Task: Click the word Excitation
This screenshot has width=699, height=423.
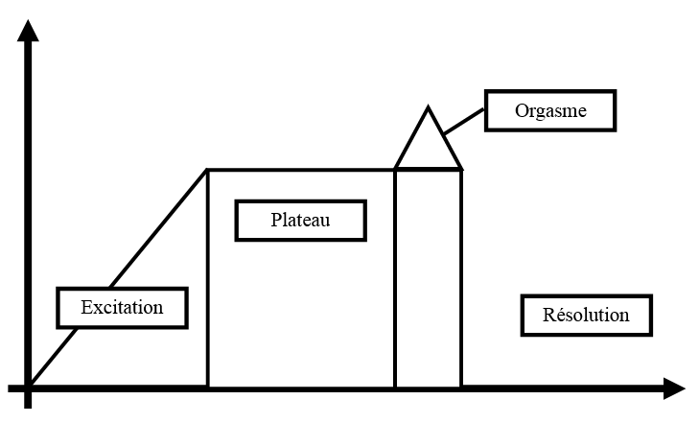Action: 122,308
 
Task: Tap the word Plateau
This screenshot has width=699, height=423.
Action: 300,220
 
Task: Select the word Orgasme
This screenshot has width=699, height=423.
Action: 550,110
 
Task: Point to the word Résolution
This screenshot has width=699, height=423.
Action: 586,315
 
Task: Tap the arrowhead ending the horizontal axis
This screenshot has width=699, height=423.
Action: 673,388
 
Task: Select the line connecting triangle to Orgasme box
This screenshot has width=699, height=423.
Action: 465,121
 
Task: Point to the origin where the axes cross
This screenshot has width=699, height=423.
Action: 30,388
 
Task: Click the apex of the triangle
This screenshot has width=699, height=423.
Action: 428,108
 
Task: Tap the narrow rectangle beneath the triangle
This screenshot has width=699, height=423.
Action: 428,278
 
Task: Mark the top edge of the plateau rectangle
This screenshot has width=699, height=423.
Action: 301,170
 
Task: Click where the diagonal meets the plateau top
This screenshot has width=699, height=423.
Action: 208,170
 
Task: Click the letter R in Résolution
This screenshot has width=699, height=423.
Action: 548,315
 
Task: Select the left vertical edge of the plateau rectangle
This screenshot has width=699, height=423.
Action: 208,278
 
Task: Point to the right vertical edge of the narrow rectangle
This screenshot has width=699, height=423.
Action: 461,278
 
